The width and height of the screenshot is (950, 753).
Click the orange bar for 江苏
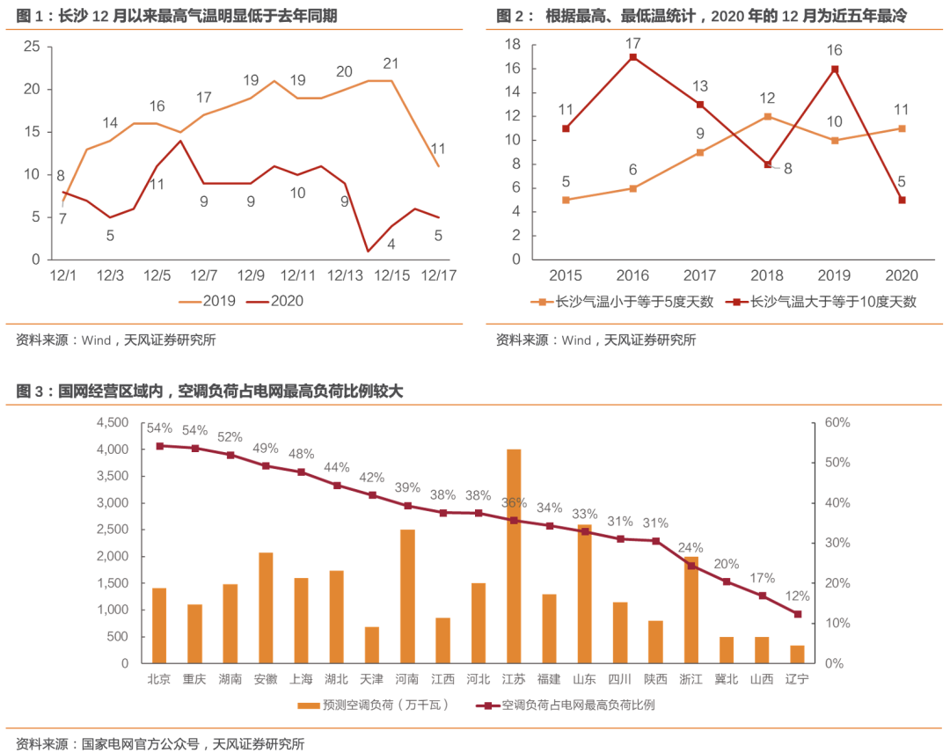(x=514, y=556)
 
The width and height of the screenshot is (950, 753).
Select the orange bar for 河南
(x=407, y=596)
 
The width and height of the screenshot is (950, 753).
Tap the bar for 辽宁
(x=797, y=654)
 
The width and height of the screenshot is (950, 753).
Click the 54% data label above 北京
(x=159, y=428)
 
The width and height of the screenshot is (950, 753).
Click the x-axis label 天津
(x=371, y=679)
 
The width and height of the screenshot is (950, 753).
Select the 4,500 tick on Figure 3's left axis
(x=112, y=423)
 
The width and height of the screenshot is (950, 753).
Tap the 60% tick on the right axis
(x=837, y=423)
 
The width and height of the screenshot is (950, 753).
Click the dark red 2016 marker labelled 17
(x=632, y=57)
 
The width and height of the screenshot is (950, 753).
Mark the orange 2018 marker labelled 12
(x=767, y=116)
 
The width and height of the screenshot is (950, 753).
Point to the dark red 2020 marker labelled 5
(x=902, y=200)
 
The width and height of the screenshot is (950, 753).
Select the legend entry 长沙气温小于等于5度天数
(x=627, y=302)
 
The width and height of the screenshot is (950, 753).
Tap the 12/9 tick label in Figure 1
(x=251, y=275)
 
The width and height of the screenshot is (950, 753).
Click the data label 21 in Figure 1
(x=391, y=63)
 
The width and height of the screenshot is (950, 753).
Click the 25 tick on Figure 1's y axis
(x=31, y=47)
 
